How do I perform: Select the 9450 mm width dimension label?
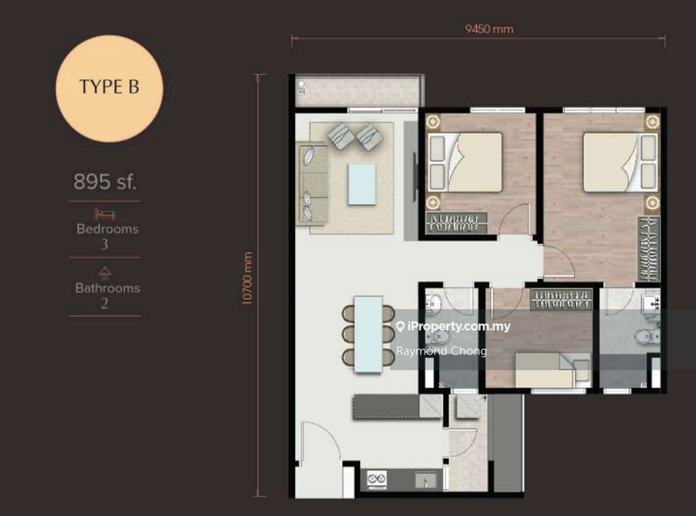489,29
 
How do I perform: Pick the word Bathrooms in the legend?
106,288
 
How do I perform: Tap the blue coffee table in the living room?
361,183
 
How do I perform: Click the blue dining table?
369,334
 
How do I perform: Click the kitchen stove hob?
377,478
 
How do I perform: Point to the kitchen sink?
426,478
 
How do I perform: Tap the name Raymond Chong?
441,351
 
